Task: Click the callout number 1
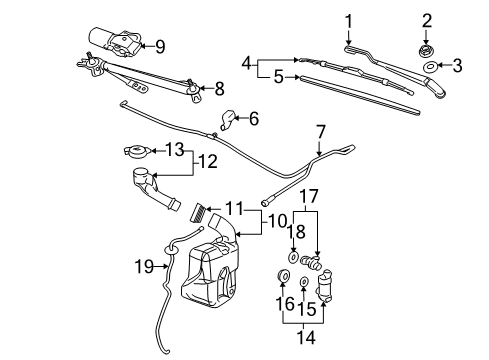click(349, 20)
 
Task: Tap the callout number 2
click(426, 21)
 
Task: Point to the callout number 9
click(160, 45)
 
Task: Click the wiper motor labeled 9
click(118, 42)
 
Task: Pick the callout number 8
click(219, 87)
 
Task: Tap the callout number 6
click(254, 119)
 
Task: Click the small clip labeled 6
click(228, 120)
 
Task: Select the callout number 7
click(320, 130)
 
